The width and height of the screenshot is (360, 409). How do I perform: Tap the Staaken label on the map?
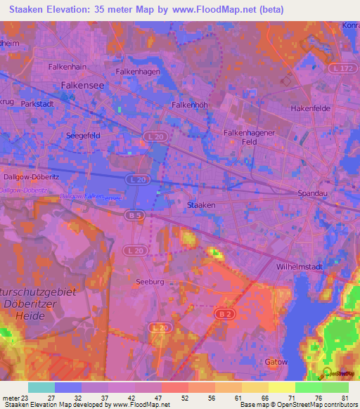(x=201, y=204)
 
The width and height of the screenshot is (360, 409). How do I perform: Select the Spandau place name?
(x=313, y=193)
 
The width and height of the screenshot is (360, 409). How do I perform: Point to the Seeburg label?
(x=150, y=281)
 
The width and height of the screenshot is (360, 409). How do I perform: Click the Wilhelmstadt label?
(x=304, y=267)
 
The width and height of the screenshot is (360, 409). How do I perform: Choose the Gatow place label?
(x=277, y=361)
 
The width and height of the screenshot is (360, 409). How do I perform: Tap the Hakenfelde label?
(x=311, y=109)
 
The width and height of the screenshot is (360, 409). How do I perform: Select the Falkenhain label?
(x=67, y=66)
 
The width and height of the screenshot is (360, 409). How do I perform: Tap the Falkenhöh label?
(x=188, y=105)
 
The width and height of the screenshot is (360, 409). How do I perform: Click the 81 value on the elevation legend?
(x=344, y=398)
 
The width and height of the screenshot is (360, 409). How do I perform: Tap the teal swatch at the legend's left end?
(x=41, y=387)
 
